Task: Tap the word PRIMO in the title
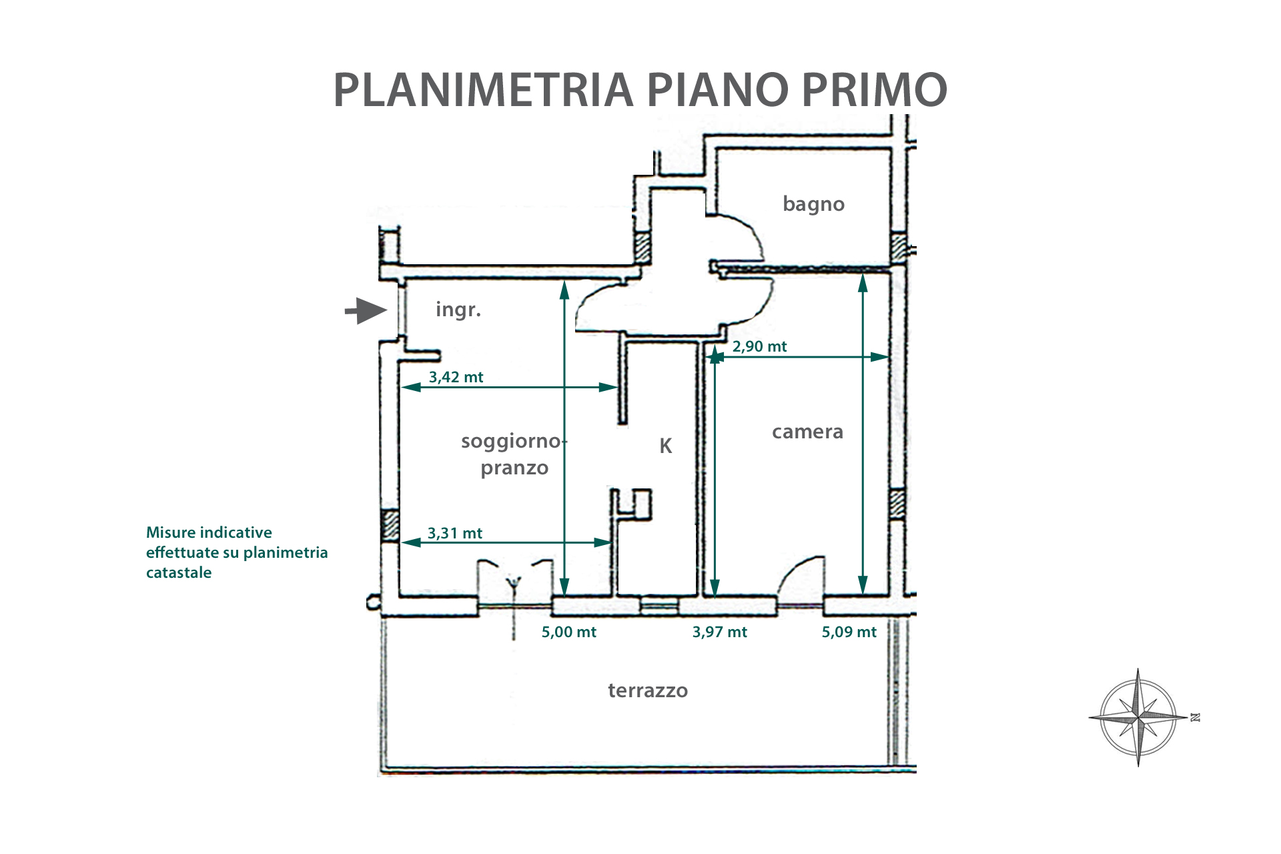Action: point(874,89)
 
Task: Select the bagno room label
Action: point(813,204)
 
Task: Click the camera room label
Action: point(807,432)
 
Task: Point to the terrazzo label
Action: point(647,690)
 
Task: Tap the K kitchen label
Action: point(665,446)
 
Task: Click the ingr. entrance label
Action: point(458,310)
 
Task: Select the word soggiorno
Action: point(511,442)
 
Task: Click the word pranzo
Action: point(514,468)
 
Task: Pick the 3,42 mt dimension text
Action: point(456,378)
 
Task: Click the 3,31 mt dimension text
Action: point(454,534)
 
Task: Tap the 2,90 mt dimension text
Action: point(759,347)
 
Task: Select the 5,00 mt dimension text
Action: point(568,632)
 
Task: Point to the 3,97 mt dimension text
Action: point(719,632)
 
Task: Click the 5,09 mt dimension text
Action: point(849,632)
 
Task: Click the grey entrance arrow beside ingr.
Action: point(366,311)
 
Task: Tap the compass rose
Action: point(1138,718)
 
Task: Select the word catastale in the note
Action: point(179,572)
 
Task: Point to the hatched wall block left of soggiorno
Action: point(390,526)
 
